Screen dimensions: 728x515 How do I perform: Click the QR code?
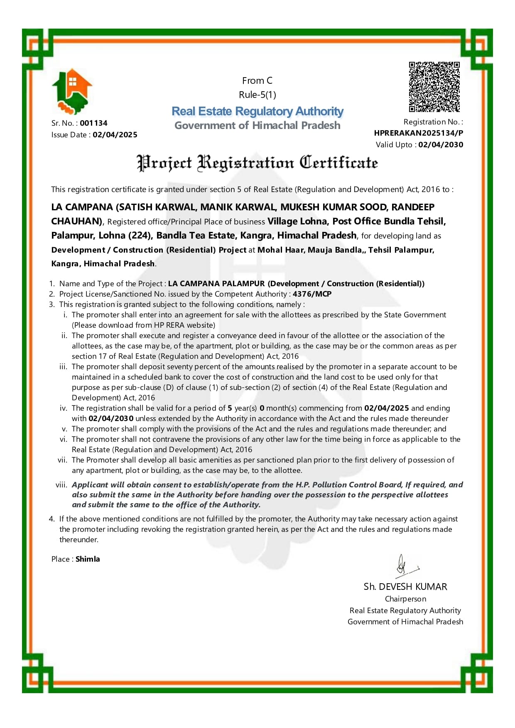point(434,87)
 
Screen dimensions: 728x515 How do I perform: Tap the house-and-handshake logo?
point(72,91)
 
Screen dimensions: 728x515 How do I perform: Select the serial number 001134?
point(93,123)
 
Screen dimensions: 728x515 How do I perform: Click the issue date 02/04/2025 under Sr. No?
point(115,135)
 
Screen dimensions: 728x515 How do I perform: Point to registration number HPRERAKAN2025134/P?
point(418,133)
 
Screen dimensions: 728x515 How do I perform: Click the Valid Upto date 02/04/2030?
point(440,145)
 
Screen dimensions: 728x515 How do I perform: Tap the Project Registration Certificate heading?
point(257,163)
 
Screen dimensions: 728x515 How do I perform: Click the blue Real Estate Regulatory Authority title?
point(257,111)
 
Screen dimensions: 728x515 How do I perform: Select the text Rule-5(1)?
point(257,95)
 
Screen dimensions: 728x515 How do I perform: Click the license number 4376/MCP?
point(312,294)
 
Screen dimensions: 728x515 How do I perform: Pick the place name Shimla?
point(88,559)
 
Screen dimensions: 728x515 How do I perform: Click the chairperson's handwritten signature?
point(405,566)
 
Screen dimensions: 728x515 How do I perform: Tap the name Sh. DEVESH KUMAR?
point(405,587)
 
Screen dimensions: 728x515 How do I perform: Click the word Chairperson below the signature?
point(405,599)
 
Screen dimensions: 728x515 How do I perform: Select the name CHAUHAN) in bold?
point(76,222)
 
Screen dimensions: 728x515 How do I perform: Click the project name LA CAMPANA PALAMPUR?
point(216,284)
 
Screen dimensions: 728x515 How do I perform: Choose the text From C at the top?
point(257,81)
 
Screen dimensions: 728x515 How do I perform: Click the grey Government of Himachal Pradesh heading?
point(257,125)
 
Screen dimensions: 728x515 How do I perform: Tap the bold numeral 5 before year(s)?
point(230,408)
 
